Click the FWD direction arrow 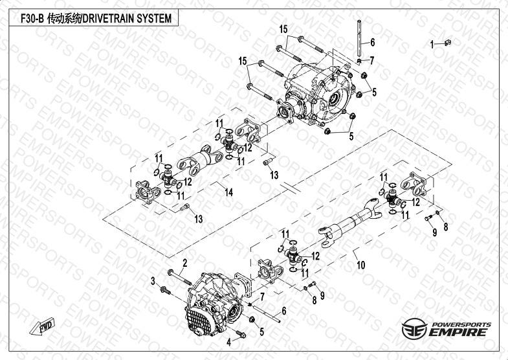41,326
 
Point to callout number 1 432,44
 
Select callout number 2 184,262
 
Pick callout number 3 153,280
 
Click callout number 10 360,264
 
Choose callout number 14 228,191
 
